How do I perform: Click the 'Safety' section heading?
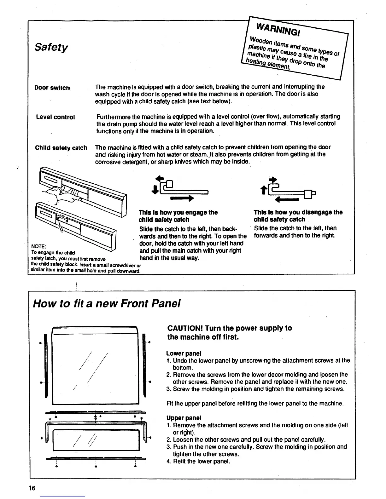pyautogui.click(x=51, y=48)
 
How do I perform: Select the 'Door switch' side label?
pyautogui.click(x=52, y=88)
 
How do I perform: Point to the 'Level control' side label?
pyautogui.click(x=56, y=117)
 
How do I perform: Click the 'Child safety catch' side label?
pyautogui.click(x=61, y=148)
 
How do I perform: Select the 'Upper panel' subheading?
pyautogui.click(x=184, y=418)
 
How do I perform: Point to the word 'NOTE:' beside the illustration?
pyautogui.click(x=39, y=246)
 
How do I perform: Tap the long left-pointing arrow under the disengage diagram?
pyautogui.click(x=287, y=199)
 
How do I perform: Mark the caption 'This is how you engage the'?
pyautogui.click(x=178, y=212)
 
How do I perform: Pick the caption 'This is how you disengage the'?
pyautogui.click(x=298, y=212)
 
